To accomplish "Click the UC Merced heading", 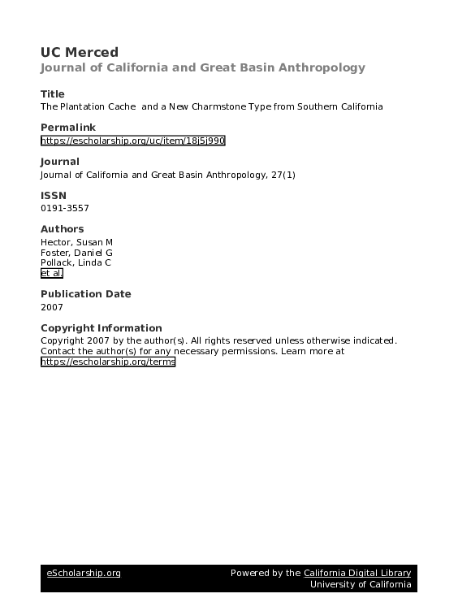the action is coord(80,53).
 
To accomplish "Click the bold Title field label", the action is coord(53,94).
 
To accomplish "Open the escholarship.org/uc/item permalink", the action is coord(132,141).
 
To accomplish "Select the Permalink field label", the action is coord(67,128).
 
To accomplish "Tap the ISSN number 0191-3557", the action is coord(65,208).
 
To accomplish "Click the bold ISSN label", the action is coord(54,196).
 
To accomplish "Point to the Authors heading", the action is coord(62,229).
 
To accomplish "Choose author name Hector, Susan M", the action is coord(78,243).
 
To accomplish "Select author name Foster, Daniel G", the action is coord(76,253).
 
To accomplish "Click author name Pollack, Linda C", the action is coord(77,264).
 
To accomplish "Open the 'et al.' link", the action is coord(51,274).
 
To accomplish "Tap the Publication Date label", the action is coord(85,294).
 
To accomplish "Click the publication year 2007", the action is coord(51,308).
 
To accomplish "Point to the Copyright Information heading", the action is coord(101,328).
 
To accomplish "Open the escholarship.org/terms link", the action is coord(108,362).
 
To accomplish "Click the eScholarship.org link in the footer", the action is coord(83,574).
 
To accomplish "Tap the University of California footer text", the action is coord(361,585).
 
